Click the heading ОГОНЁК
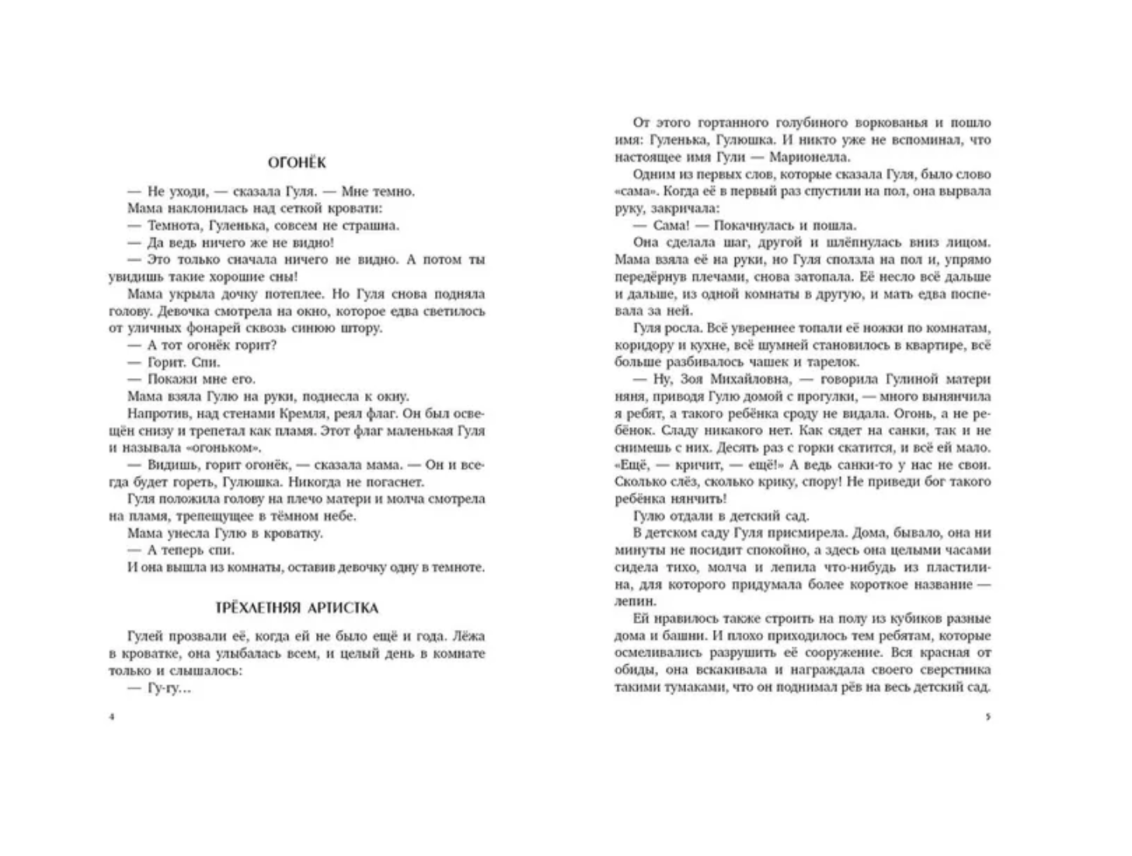297,162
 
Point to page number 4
112,717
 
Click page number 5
987,717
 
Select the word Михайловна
731,379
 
